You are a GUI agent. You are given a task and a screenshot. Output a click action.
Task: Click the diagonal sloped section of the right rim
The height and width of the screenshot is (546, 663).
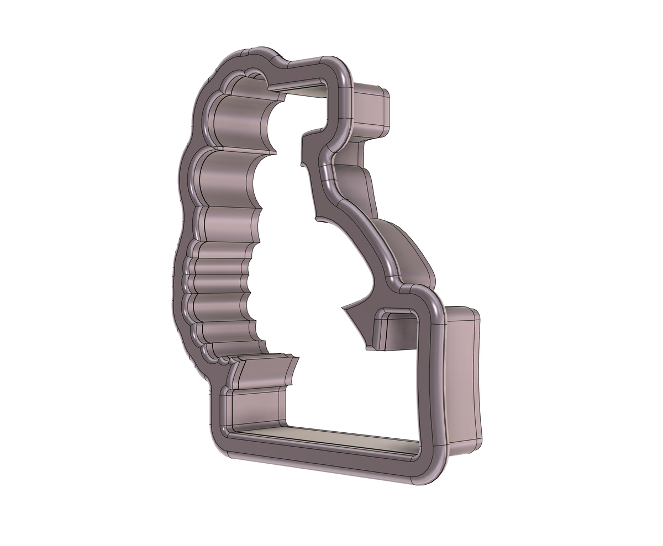365,232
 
